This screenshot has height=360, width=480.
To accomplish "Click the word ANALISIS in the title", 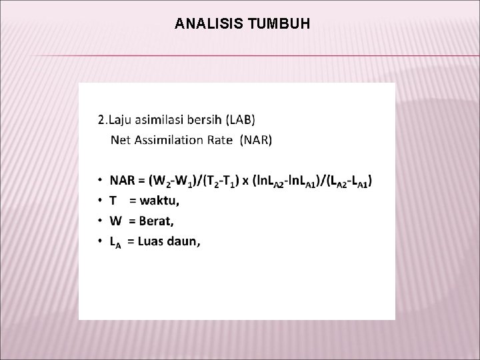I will (208, 25).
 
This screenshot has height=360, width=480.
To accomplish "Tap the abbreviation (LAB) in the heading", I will (240, 121).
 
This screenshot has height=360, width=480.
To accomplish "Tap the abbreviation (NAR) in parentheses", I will (257, 140).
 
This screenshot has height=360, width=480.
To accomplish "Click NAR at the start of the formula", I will (122, 180).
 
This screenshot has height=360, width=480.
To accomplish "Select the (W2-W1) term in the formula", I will (174, 181).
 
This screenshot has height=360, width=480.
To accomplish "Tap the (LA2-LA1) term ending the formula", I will (351, 181).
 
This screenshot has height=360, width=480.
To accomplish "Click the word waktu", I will (159, 200).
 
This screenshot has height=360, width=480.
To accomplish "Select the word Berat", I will (160, 220).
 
